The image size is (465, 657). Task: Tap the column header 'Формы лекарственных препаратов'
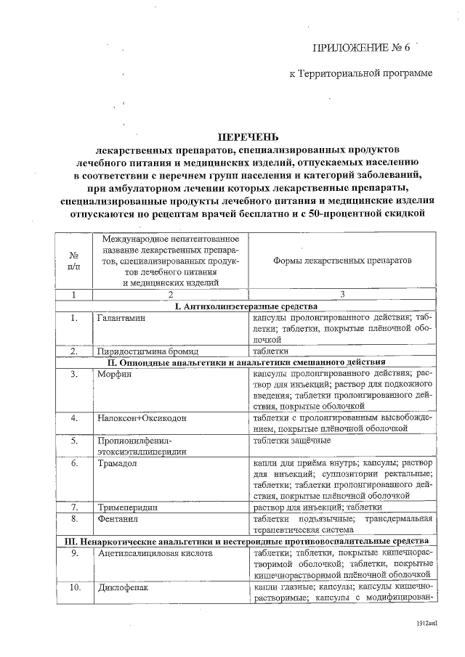pos(341,259)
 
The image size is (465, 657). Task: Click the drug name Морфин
pos(113,373)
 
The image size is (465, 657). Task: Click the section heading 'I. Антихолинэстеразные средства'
pos(246,306)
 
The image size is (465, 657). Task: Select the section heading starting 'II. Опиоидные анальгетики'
pos(246,362)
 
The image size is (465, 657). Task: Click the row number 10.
pos(74,587)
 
